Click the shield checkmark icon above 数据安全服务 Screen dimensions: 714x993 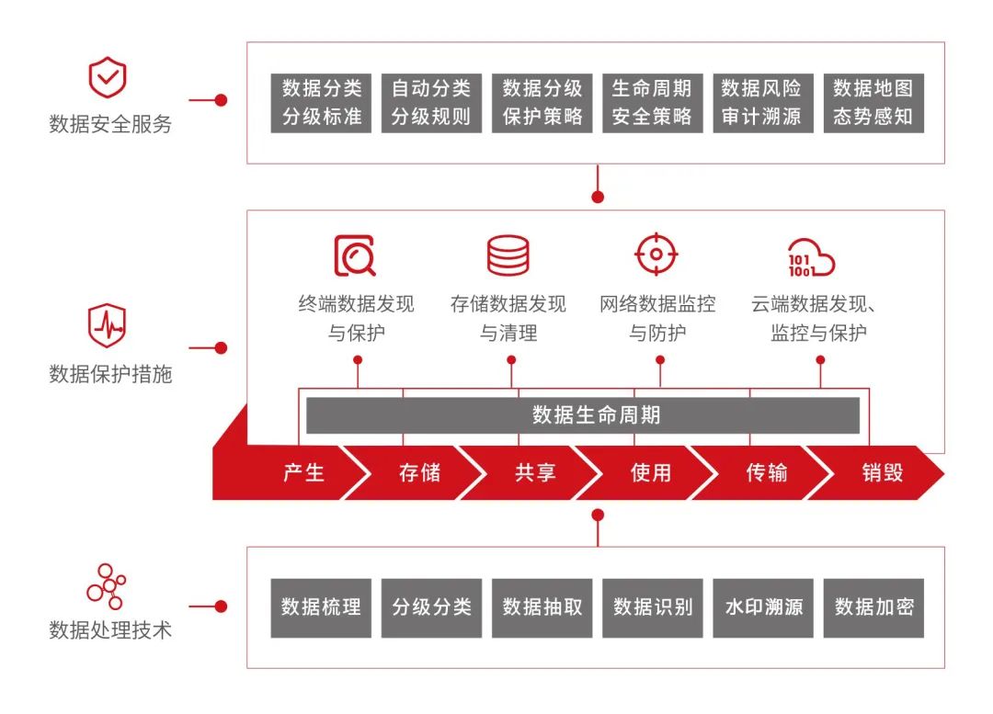click(x=108, y=79)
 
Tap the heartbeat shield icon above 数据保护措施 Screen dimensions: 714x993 click(x=107, y=327)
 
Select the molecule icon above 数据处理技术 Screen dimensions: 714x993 click(x=107, y=585)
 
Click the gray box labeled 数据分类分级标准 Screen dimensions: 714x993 click(x=322, y=103)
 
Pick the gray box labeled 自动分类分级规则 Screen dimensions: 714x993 click(x=431, y=103)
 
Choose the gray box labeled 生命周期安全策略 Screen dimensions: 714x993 click(x=652, y=103)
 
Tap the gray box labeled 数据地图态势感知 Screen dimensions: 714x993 click(x=873, y=103)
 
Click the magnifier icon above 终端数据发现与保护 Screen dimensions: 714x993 click(x=355, y=256)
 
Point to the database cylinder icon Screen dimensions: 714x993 click(x=508, y=255)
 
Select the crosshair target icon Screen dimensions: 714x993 click(x=656, y=255)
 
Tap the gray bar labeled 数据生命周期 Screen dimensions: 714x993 click(x=583, y=415)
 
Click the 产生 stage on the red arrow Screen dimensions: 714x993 click(x=303, y=473)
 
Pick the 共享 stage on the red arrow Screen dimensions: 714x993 click(x=535, y=473)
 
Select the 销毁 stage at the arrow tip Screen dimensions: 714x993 click(x=883, y=473)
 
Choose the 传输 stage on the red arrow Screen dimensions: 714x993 click(x=767, y=473)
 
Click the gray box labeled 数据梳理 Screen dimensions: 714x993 click(x=321, y=607)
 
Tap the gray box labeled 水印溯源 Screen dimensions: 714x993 click(x=763, y=607)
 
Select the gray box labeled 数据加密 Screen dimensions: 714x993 click(x=873, y=607)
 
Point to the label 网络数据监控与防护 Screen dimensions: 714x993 click(x=657, y=318)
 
